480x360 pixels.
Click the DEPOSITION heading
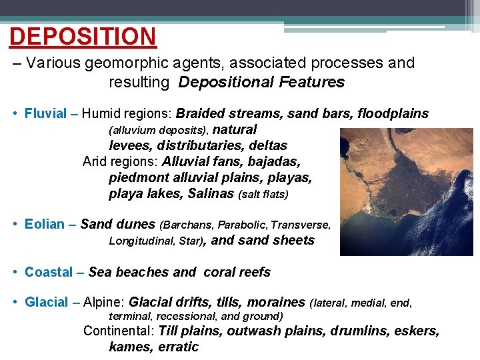click(83, 36)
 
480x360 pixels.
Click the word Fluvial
click(45, 113)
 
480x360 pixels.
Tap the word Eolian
click(45, 225)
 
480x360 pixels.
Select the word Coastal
click(48, 272)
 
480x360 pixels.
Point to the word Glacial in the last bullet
click(46, 302)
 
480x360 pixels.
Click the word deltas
click(268, 145)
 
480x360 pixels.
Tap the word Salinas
click(211, 194)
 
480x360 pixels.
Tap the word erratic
click(178, 347)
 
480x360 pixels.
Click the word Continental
click(117, 331)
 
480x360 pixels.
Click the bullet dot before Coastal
click(15, 272)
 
